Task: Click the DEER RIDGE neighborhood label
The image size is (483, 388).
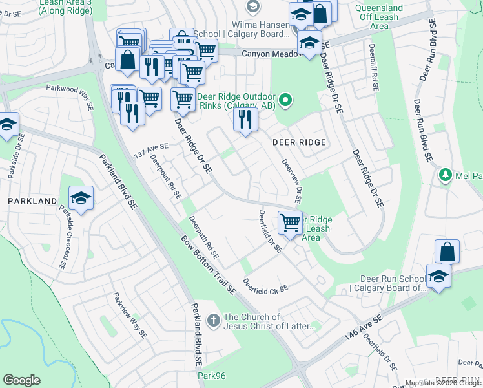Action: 298,142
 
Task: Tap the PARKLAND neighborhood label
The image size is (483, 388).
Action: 32,201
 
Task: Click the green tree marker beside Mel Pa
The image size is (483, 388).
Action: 444,175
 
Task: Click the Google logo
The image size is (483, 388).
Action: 21,380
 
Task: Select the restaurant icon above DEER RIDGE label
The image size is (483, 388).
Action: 245,120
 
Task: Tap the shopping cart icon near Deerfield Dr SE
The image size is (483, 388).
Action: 291,223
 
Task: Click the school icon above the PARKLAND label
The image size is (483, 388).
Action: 81,199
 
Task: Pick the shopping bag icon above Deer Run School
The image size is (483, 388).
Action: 447,252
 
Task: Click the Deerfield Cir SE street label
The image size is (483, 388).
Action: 265,285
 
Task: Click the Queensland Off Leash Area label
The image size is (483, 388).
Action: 379,17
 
